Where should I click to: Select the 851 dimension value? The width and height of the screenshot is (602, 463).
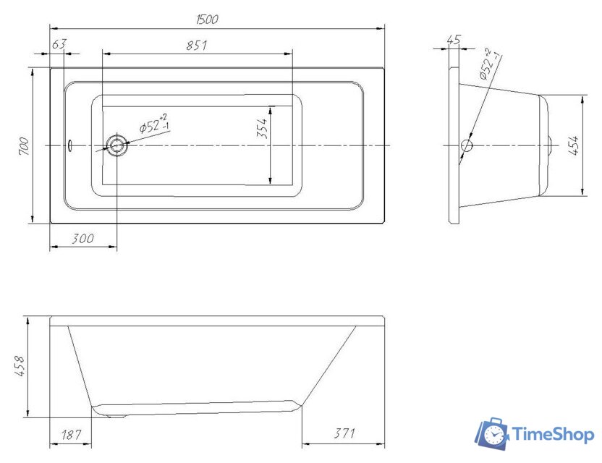tap(197, 45)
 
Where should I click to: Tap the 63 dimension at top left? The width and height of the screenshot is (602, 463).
tap(59, 45)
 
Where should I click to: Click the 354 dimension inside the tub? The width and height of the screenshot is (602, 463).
tap(263, 127)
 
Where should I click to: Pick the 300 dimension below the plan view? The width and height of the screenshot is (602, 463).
tap(83, 239)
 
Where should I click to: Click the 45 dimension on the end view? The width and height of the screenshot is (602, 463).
tap(454, 41)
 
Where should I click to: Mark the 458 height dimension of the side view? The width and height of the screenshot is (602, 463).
tap(20, 367)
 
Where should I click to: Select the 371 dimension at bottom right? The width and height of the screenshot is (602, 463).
tap(344, 434)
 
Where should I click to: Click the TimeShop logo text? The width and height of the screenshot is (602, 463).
tap(553, 434)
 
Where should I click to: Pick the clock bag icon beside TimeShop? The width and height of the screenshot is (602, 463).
tap(491, 433)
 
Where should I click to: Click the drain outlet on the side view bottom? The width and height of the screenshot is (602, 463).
tap(116, 415)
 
